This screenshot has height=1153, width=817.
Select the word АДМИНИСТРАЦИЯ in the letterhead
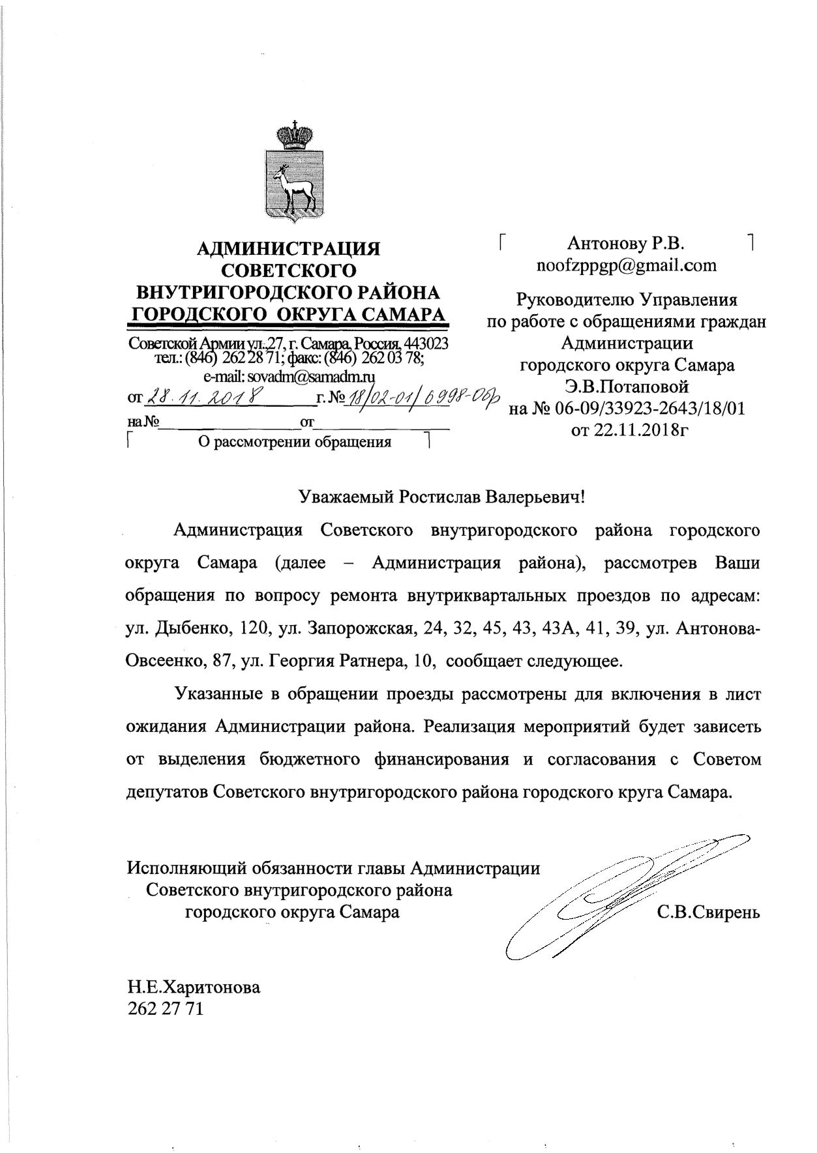tap(289, 248)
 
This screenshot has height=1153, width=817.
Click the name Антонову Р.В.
tap(625, 244)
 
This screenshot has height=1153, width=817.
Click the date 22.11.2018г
tap(630, 430)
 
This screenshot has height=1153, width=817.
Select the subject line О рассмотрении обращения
tap(294, 443)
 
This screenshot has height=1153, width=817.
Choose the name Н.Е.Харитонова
tap(193, 987)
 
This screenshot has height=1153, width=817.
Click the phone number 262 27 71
tap(165, 1009)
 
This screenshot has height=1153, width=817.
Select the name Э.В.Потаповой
tap(627, 387)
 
